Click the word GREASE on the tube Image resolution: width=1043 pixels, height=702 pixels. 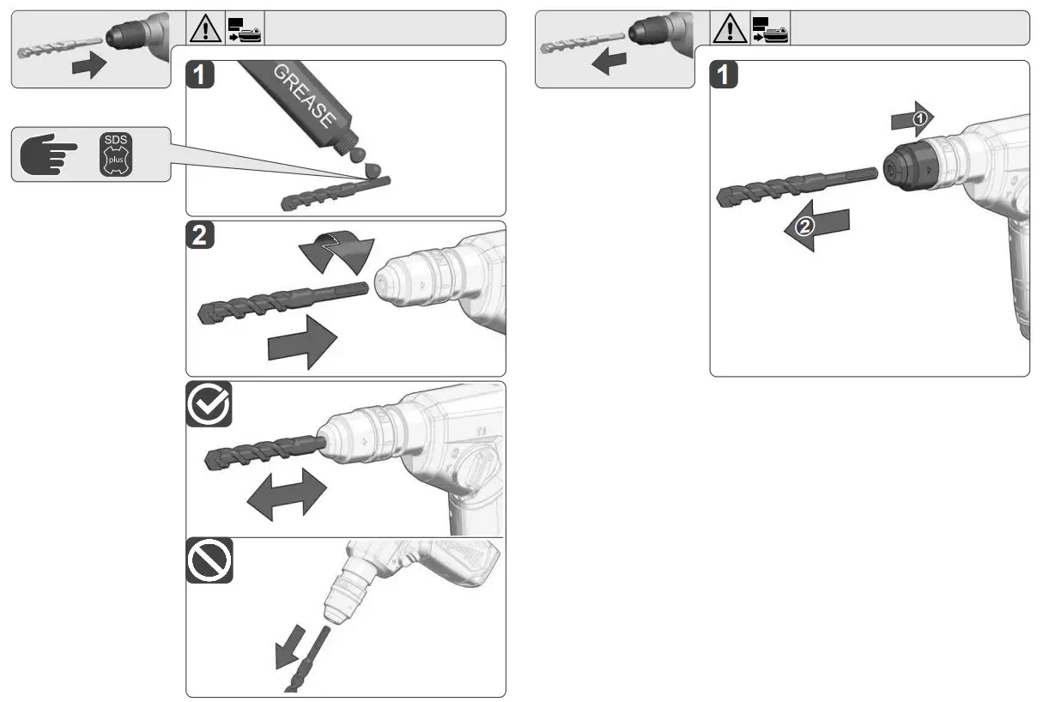tap(303, 94)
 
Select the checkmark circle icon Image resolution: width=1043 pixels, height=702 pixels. tap(209, 405)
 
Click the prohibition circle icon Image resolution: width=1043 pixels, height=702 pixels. tap(209, 561)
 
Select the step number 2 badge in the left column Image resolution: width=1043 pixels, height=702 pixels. tap(199, 237)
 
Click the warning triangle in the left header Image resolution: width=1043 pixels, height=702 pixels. tap(205, 29)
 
